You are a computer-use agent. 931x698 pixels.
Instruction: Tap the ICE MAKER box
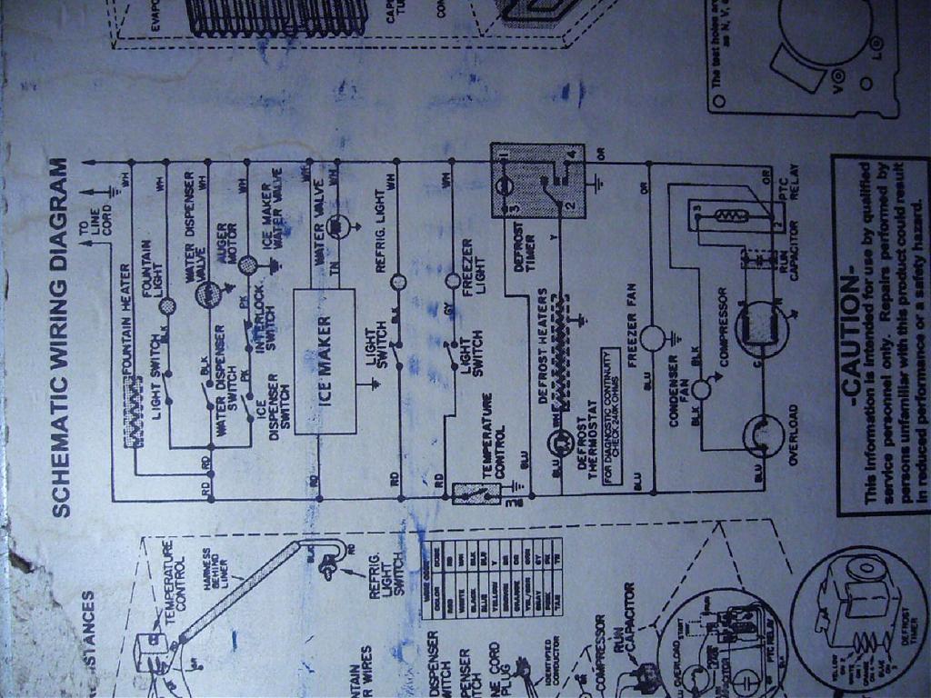(325, 361)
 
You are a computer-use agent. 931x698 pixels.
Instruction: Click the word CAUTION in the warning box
(850, 335)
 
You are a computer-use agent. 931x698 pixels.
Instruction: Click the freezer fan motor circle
(653, 339)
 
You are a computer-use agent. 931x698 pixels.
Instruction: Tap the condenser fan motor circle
(702, 390)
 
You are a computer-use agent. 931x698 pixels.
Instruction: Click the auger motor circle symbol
(249, 264)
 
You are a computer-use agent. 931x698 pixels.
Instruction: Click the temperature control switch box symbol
(476, 494)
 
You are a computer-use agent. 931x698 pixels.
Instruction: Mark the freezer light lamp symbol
(452, 281)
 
